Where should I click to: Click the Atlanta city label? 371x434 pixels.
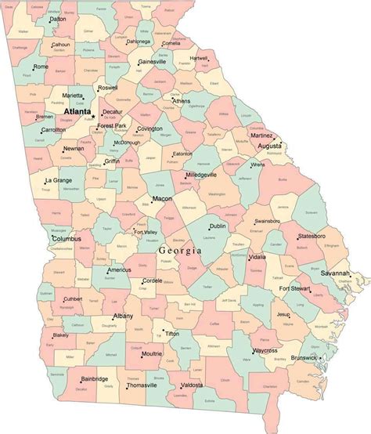(x=77, y=112)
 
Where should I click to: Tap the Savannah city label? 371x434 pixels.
(x=335, y=273)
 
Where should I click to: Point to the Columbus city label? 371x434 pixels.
(x=65, y=239)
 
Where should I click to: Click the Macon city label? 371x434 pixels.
(x=162, y=199)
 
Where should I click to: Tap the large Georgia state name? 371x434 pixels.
(x=180, y=250)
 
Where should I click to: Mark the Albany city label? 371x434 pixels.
(x=123, y=316)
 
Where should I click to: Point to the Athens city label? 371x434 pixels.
(x=181, y=101)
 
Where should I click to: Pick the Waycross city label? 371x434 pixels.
(x=265, y=350)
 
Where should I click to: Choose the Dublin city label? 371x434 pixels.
(x=217, y=226)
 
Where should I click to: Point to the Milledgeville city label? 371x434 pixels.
(x=201, y=175)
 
